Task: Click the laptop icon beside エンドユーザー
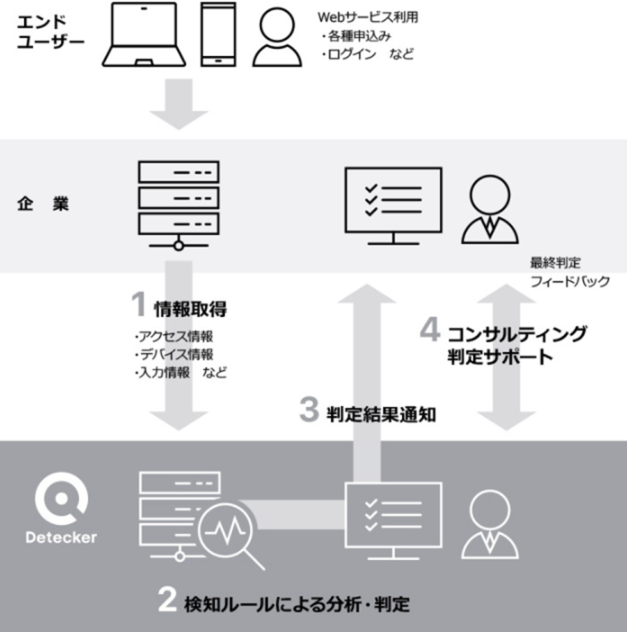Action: coord(143,35)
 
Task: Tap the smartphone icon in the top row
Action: coord(218,35)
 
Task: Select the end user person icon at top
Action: coord(277,37)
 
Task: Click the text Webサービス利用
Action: coord(368,17)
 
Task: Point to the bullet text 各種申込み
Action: coord(360,36)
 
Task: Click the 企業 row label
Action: coord(43,204)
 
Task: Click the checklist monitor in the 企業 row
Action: coord(393,205)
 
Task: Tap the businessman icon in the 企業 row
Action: coord(489,209)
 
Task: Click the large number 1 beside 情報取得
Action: coord(139,304)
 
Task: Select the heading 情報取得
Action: coord(190,309)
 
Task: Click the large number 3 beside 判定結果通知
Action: coord(309,409)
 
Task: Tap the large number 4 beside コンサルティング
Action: coord(430,329)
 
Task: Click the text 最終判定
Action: coord(555,263)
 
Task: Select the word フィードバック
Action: coord(570,281)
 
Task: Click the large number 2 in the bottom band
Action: coord(167,600)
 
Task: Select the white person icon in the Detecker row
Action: coord(489,524)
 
